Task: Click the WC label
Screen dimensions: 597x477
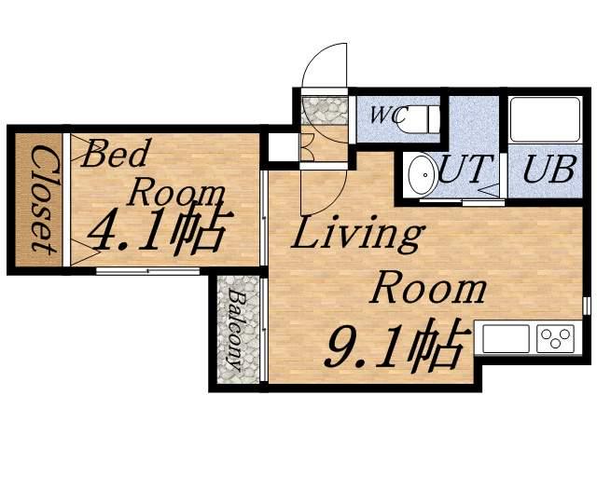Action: (x=384, y=115)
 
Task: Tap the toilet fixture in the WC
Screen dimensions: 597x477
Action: (x=417, y=118)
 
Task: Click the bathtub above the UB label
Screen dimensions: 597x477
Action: (x=545, y=120)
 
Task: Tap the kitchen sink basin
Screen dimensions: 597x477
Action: (x=506, y=338)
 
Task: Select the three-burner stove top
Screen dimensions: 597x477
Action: (x=556, y=338)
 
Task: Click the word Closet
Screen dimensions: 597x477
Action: (x=43, y=199)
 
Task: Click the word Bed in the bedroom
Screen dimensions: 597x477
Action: (x=114, y=154)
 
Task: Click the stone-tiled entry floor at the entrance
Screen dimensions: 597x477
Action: (x=325, y=110)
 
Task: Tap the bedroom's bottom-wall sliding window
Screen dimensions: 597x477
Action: (x=147, y=271)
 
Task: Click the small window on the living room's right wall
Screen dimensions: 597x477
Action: (x=587, y=305)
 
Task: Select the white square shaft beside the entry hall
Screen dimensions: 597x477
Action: (x=284, y=147)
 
